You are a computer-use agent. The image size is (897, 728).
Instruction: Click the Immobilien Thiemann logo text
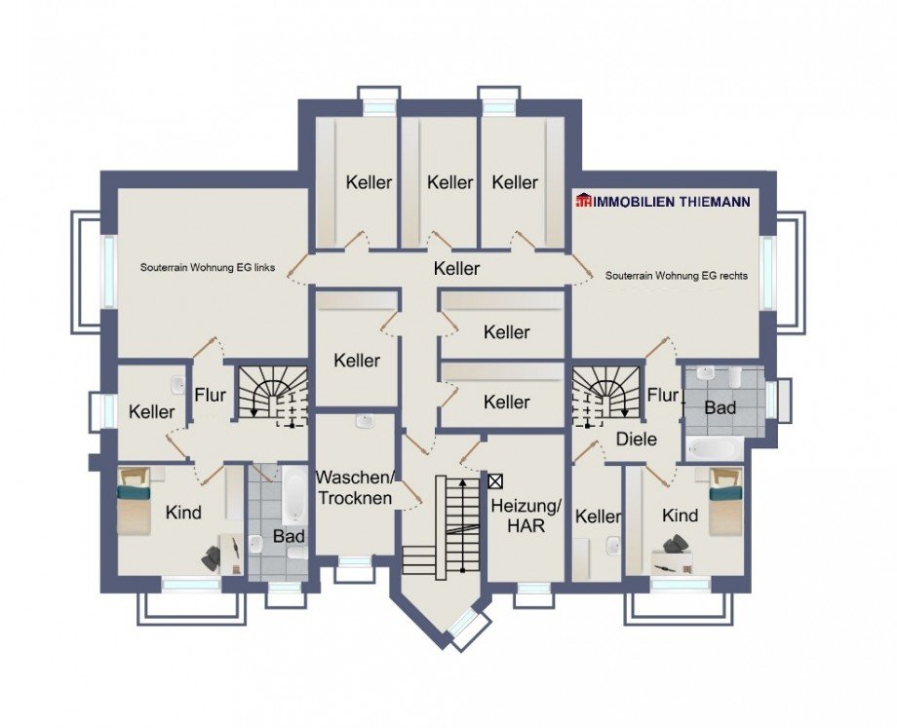[x=663, y=202]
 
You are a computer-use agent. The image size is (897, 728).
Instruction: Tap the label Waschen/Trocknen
[x=355, y=487]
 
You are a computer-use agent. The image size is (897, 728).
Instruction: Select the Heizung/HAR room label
[x=526, y=516]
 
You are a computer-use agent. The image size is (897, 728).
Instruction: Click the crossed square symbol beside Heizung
[x=495, y=481]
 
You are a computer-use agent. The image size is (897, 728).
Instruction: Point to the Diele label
[x=636, y=440]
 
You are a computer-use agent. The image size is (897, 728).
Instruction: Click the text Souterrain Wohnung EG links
[x=208, y=267]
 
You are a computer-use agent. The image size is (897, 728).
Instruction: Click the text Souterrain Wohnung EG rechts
[x=677, y=276]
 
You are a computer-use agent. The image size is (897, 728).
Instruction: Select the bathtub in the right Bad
[x=715, y=448]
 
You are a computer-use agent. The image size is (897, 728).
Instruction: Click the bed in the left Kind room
[x=135, y=501]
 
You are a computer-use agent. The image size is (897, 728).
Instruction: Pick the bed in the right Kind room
[x=725, y=501]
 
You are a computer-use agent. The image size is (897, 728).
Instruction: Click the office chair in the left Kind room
[x=212, y=556]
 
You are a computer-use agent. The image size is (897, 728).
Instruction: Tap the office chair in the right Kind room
[x=677, y=545]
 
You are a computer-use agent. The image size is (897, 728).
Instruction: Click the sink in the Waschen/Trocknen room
[x=365, y=422]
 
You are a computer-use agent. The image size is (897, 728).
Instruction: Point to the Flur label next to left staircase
[x=210, y=395]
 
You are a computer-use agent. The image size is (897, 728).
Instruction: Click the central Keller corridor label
[x=456, y=268]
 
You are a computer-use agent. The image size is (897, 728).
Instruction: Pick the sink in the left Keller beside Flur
[x=176, y=385]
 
